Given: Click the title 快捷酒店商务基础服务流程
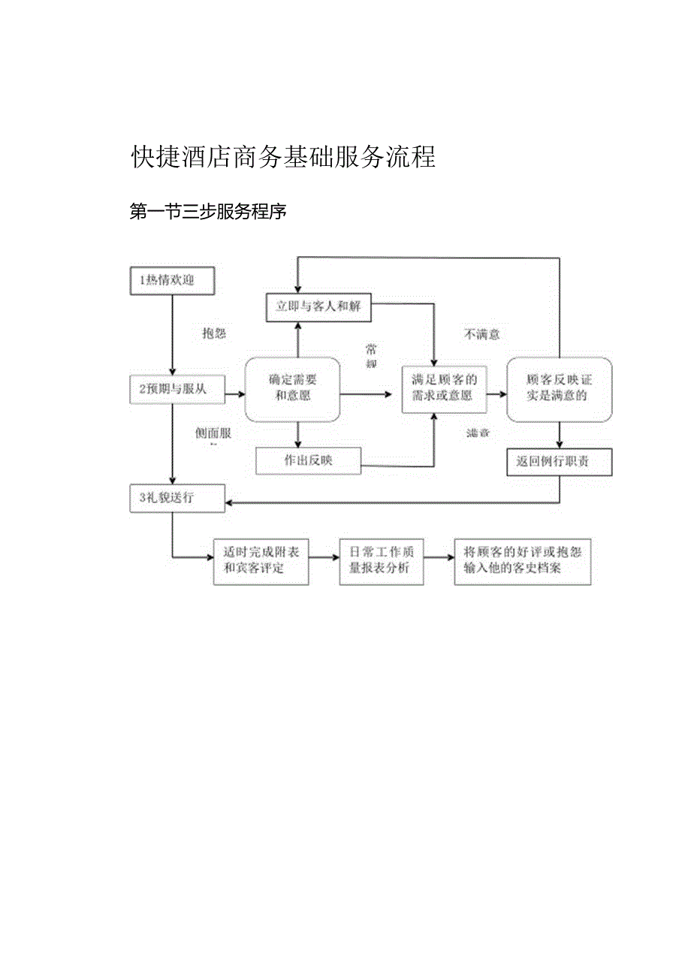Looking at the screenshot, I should (283, 157).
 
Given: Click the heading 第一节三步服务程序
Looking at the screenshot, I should (208, 213).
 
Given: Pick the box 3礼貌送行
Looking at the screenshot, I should (177, 498).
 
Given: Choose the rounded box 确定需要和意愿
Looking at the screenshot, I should (293, 389).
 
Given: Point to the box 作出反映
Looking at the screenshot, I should (308, 461).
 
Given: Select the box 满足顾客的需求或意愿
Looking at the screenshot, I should (444, 388).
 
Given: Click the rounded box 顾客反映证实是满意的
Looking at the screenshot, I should (559, 388).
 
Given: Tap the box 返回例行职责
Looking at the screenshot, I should (560, 463).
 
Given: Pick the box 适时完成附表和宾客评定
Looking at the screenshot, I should (261, 561).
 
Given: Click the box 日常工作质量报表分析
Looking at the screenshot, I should (381, 561).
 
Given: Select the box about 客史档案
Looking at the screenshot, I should (522, 561).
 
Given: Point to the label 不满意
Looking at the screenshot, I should (481, 334).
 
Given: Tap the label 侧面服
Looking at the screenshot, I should (213, 433).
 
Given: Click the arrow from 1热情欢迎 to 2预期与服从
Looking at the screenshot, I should (173, 335).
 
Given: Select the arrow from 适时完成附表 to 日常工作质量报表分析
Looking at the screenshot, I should (324, 558).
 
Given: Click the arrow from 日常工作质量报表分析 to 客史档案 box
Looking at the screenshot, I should (439, 558).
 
